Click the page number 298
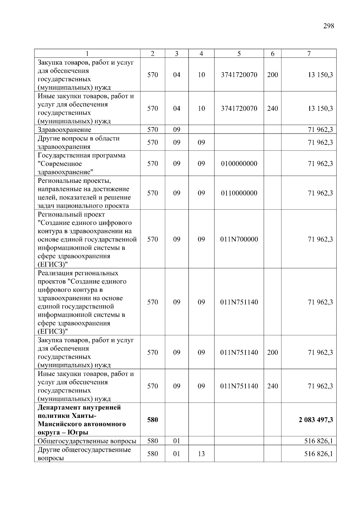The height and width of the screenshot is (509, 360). [328, 26]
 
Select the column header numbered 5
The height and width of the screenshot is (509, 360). [239, 54]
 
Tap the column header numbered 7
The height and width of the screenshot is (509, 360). [309, 54]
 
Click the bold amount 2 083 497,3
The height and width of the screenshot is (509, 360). [316, 420]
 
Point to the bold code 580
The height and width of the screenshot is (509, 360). [152, 420]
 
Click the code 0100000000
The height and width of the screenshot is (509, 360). [239, 164]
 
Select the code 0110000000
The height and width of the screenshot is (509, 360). [239, 193]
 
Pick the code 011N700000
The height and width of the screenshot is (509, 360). [239, 239]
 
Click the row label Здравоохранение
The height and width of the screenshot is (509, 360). [64, 130]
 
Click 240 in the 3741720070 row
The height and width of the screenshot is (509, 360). [272, 109]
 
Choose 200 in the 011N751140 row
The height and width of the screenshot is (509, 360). [272, 353]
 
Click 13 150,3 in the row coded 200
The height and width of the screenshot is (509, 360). [320, 75]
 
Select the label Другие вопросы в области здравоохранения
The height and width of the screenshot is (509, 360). [78, 142]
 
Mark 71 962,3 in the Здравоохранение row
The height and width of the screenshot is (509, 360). [320, 130]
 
